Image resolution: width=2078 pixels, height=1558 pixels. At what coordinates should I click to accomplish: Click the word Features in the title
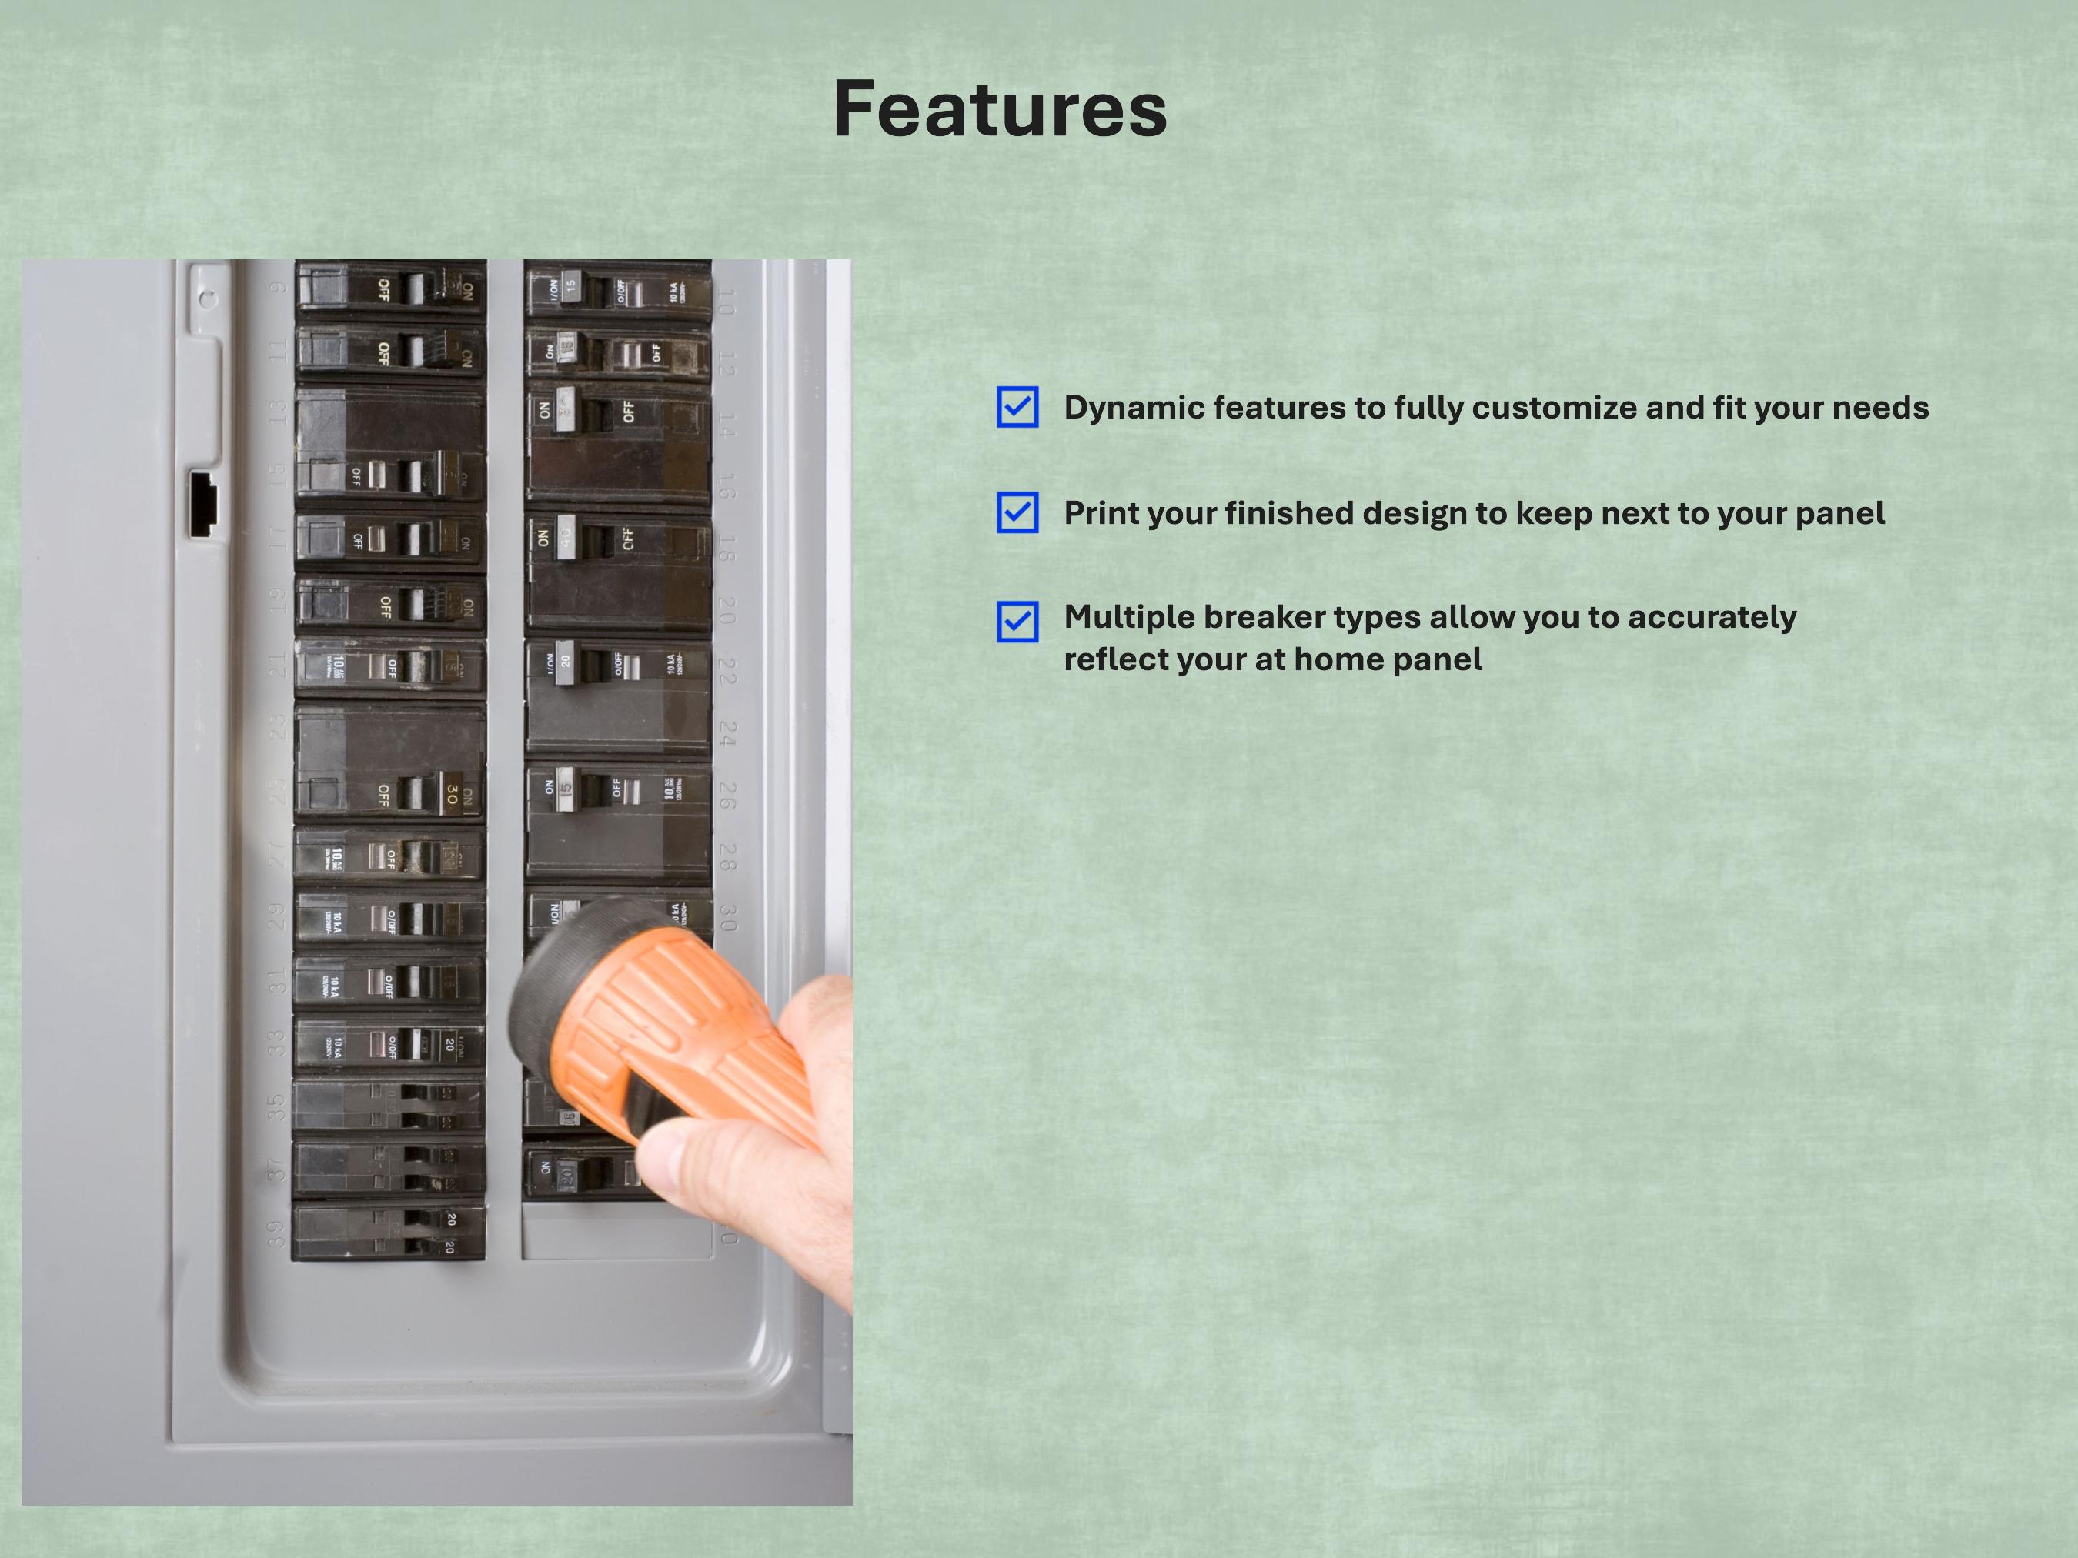click(1000, 109)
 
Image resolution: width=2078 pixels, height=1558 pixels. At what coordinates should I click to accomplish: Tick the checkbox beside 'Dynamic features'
click(1017, 407)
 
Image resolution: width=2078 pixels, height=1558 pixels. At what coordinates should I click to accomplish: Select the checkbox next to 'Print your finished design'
click(1017, 512)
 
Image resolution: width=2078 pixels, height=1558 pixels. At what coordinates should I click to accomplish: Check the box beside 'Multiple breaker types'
click(1017, 621)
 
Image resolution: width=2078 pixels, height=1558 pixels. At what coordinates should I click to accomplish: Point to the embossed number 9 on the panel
click(278, 286)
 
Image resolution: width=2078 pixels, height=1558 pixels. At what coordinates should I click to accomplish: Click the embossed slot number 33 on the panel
click(276, 1043)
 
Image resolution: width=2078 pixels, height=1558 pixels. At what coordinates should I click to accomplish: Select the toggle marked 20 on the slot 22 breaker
click(565, 660)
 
